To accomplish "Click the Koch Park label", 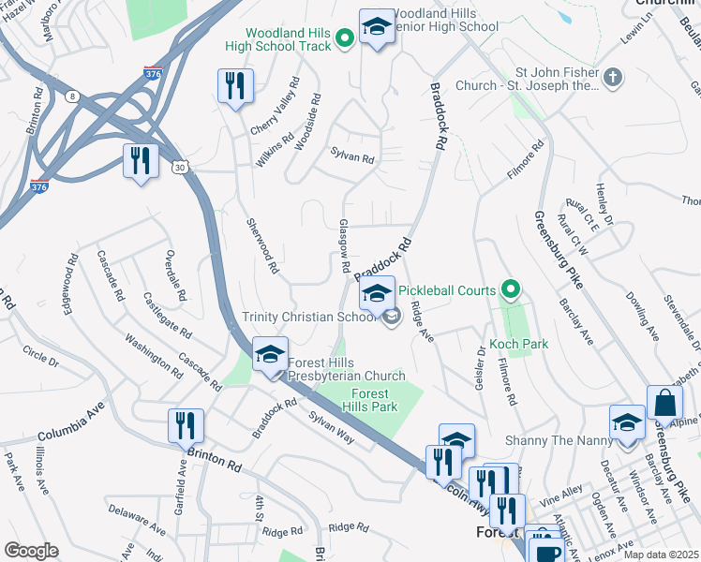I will tap(518, 344).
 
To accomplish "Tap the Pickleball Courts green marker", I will tap(511, 290).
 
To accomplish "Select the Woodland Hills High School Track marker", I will tap(344, 38).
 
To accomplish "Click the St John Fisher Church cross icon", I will tap(613, 78).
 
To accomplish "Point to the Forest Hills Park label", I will tap(375, 400).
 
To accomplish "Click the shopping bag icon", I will tap(664, 405).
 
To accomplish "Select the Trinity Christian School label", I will tap(309, 317).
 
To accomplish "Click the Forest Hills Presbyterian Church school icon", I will tap(271, 355).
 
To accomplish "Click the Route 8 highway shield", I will tap(71, 95).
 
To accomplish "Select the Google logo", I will tap(31, 551).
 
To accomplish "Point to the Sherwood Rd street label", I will tap(262, 245).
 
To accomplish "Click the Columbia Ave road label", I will tap(69, 435).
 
